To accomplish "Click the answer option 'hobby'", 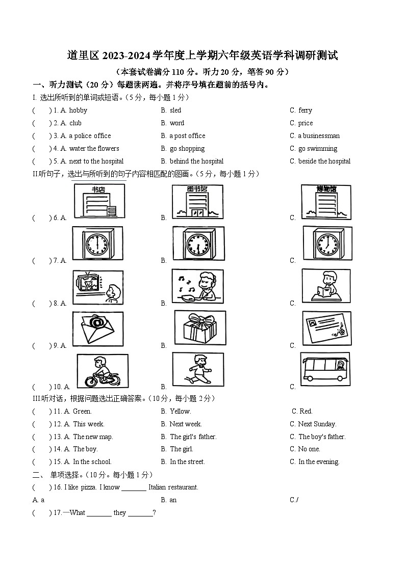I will (x=78, y=110).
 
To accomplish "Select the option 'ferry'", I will (x=305, y=110).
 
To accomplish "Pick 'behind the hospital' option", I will (x=196, y=161).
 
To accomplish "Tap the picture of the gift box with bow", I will (x=200, y=329).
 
